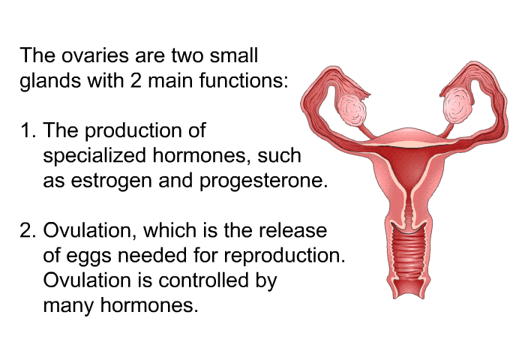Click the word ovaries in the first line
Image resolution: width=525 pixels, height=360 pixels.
click(x=95, y=55)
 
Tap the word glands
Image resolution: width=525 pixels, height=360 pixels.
click(x=50, y=82)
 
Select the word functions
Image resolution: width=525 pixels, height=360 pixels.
click(x=244, y=80)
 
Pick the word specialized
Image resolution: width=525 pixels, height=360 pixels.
click(x=94, y=156)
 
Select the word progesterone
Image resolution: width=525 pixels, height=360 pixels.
click(x=263, y=181)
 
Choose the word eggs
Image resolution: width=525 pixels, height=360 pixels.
click(x=89, y=256)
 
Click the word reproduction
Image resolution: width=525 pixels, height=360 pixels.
click(x=284, y=256)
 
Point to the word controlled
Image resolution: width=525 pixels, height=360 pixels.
click(x=203, y=280)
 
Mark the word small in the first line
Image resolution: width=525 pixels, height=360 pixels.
click(x=234, y=55)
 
